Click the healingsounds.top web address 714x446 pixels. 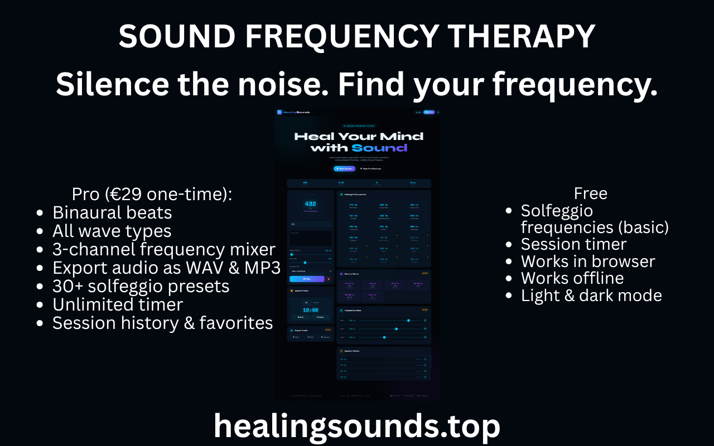point(357,426)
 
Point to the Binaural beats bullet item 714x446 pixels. point(112,212)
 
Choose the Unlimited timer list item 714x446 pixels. point(118,304)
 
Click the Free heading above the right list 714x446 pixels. point(590,193)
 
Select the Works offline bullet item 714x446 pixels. point(572,278)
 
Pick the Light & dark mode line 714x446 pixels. point(591,295)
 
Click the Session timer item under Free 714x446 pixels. point(573,244)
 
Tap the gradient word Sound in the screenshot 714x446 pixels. point(379,148)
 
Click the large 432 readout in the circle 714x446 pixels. point(310,204)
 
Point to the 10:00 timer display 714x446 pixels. point(310,310)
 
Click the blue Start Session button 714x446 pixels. point(344,168)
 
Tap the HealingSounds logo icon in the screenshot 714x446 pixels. point(279,112)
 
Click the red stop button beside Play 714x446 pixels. point(328,279)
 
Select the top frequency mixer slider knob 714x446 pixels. point(408,321)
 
